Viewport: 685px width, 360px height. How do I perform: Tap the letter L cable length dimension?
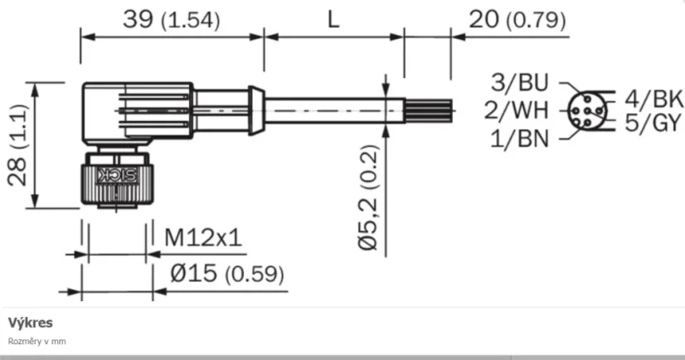[333, 20]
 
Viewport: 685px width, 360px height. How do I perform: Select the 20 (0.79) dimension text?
[516, 20]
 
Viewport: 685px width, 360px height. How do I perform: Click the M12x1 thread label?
[202, 239]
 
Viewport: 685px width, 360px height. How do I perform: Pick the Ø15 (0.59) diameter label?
[225, 273]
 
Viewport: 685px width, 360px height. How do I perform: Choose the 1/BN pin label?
[521, 138]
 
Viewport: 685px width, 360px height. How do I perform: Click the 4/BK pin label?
[644, 98]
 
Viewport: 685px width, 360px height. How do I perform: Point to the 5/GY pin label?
[644, 124]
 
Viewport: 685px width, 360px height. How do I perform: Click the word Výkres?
[30, 322]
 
